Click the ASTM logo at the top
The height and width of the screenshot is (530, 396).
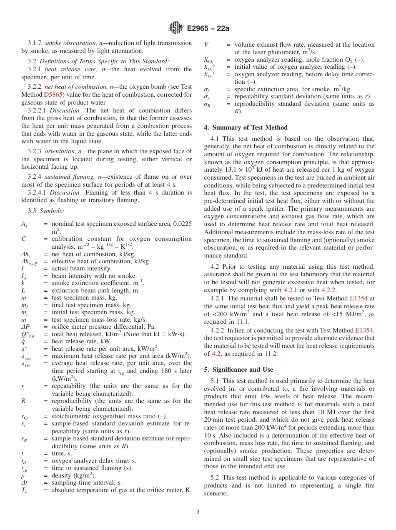175,28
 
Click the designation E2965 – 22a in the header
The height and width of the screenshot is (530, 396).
207,28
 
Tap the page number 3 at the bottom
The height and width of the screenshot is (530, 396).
198,512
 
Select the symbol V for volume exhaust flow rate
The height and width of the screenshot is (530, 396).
206,45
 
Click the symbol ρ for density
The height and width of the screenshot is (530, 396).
23,475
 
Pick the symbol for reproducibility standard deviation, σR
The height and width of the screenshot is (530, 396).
207,104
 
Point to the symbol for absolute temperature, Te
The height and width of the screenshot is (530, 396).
25,490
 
